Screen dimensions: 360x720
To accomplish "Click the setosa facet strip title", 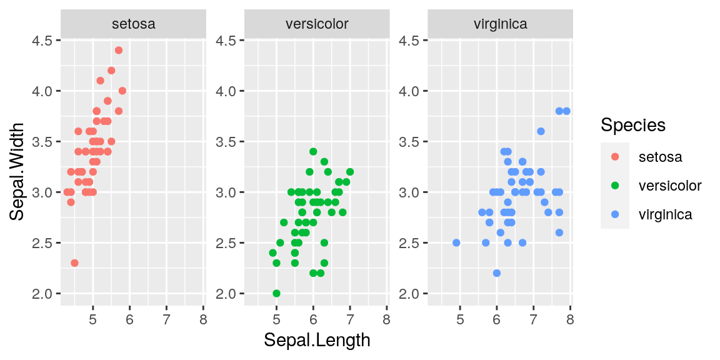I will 133,24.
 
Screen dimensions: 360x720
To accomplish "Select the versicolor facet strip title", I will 317,24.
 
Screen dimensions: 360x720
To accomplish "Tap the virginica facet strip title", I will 500,24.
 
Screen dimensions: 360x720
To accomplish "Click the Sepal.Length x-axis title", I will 317,340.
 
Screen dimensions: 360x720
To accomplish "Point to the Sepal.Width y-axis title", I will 17,171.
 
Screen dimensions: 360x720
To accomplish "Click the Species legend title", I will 632,125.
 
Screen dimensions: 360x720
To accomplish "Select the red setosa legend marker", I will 615,157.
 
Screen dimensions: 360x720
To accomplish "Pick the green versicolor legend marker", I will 615,186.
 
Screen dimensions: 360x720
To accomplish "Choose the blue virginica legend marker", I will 615,214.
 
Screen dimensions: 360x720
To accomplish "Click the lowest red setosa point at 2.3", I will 75,263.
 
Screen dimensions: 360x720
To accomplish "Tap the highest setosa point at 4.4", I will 119,50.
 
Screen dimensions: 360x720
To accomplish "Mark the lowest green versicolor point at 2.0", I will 276,293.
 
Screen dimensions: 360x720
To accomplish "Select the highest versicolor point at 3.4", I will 313,151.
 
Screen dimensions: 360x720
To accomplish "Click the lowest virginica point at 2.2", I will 497,273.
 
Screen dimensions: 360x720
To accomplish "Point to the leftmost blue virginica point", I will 456,242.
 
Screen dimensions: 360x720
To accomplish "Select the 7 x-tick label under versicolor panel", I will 350,320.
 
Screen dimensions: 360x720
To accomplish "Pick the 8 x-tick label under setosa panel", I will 203,320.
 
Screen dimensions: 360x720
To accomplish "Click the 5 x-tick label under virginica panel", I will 460,320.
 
